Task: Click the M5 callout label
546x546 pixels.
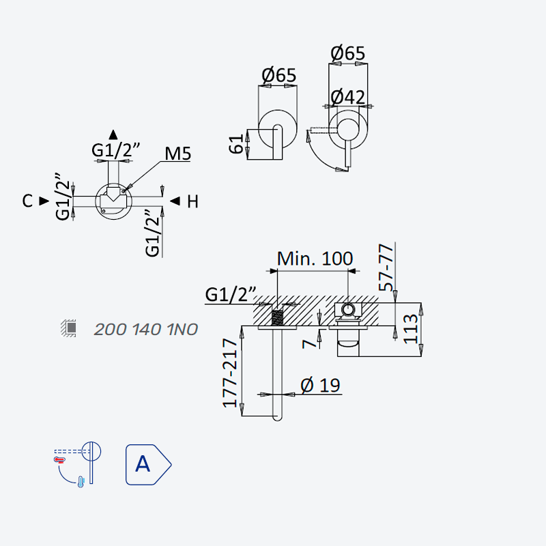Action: pos(177,154)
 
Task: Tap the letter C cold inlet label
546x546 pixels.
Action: pos(27,201)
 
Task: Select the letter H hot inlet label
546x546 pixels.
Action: pos(192,201)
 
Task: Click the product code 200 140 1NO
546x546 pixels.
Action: pos(146,330)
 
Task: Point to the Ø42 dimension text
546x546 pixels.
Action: pos(347,97)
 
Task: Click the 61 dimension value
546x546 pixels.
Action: pos(236,143)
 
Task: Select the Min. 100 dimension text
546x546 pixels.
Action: pos(315,259)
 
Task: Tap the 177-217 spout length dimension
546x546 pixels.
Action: pos(230,373)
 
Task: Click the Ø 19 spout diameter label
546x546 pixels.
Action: pos(320,385)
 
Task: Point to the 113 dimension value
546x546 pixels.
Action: pos(410,330)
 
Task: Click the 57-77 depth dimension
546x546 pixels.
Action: pos(386,268)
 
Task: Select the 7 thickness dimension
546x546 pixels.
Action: pos(309,344)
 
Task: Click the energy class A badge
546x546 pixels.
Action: pos(148,465)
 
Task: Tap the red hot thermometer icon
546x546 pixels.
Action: pos(59,460)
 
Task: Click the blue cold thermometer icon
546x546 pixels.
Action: pos(81,482)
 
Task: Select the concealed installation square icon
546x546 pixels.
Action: pos(69,328)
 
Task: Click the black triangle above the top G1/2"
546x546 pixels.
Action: pos(113,134)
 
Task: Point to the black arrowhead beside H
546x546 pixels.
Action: pos(175,201)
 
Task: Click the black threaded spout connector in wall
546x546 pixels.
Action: pos(278,317)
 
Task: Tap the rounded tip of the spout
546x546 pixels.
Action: pos(278,418)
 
